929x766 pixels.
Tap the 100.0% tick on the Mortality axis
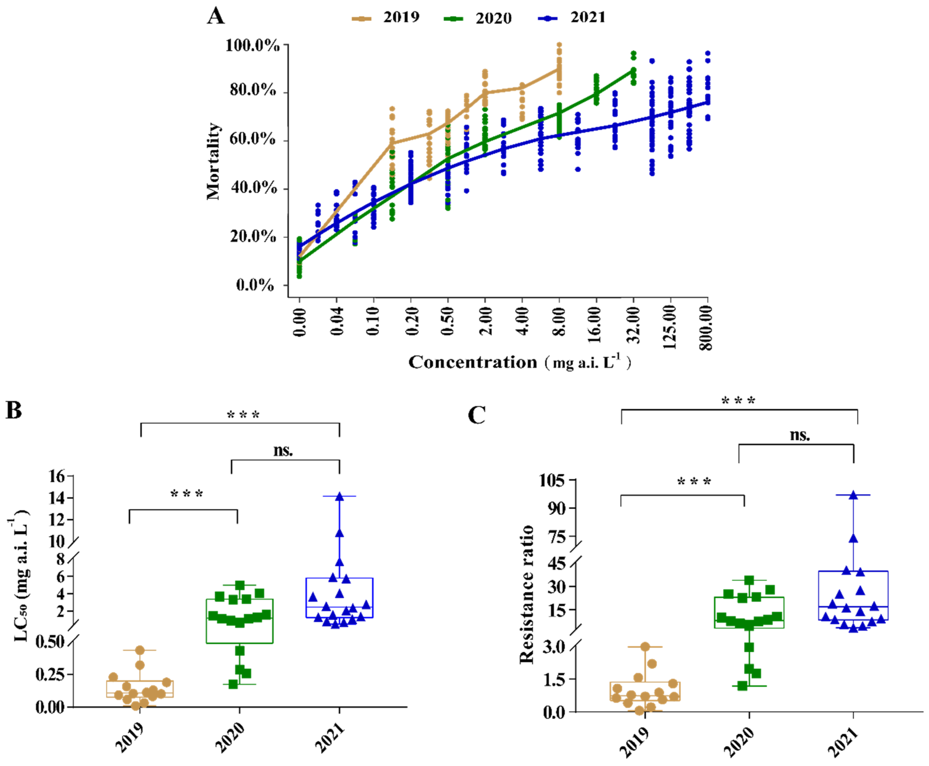click(253, 45)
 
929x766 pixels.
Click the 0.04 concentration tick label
click(337, 322)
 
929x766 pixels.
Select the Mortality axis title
click(213, 161)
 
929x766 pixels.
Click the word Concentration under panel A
click(472, 362)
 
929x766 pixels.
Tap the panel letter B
click(14, 410)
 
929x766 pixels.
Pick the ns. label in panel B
click(283, 451)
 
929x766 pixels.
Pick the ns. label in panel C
click(800, 435)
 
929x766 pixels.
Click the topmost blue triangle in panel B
click(339, 497)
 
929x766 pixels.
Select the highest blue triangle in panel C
click(853, 495)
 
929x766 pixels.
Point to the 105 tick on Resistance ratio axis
click(552, 480)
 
